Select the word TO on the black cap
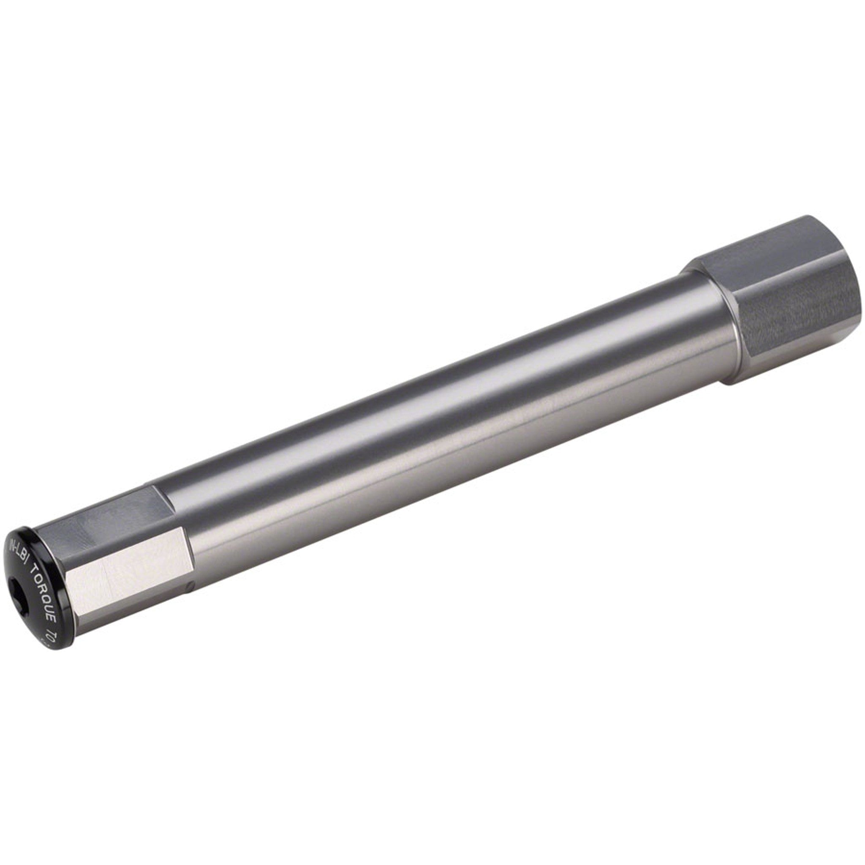coord(52,637)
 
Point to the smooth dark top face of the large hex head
coord(770,244)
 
